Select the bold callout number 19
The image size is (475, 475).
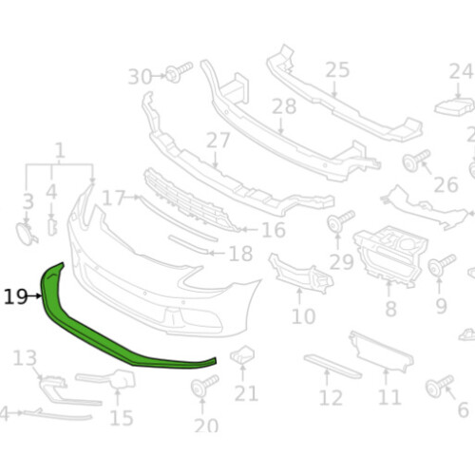pos(15,296)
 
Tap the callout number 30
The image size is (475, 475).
pos(140,76)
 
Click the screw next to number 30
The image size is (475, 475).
pos(178,71)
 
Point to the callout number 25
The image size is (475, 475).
pos(337,69)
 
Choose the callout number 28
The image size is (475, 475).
pos(283,107)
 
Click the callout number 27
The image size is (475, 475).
pos(218,141)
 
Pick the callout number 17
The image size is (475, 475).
pos(114,199)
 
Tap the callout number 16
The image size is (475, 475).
pos(273,230)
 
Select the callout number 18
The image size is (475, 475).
pos(240,254)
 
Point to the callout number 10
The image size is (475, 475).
pos(303,315)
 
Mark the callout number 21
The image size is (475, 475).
pos(246,393)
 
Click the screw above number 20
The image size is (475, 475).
pos(204,388)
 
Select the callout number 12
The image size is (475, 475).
pos(330,398)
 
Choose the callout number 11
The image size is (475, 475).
pos(389,397)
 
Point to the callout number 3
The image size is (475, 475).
pos(28,201)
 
